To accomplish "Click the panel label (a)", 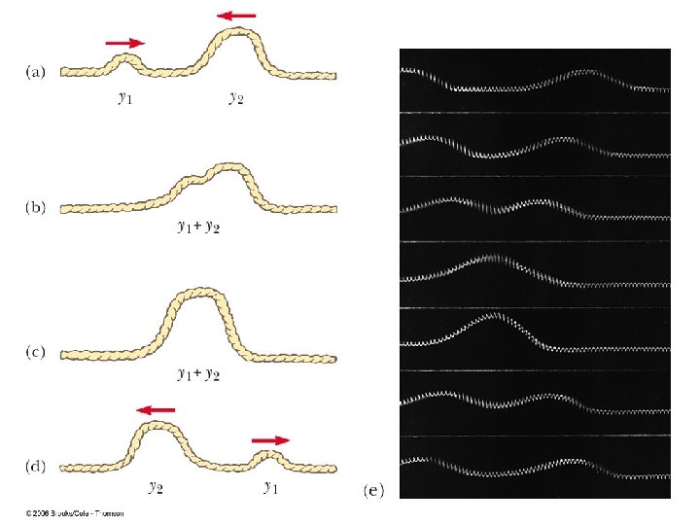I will pos(33,72).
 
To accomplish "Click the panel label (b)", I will pos(33,208).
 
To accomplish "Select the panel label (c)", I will pos(33,353).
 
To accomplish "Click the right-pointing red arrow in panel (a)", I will pos(123,43).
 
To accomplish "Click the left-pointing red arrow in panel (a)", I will pos(237,16).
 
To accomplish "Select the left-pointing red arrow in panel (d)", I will pos(156,410).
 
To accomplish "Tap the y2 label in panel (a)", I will pos(236,96).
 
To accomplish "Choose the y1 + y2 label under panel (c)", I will pos(198,373).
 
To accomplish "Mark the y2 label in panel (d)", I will pos(156,486).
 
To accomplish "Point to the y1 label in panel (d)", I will pos(271,486).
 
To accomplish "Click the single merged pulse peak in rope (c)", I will pos(198,291).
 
